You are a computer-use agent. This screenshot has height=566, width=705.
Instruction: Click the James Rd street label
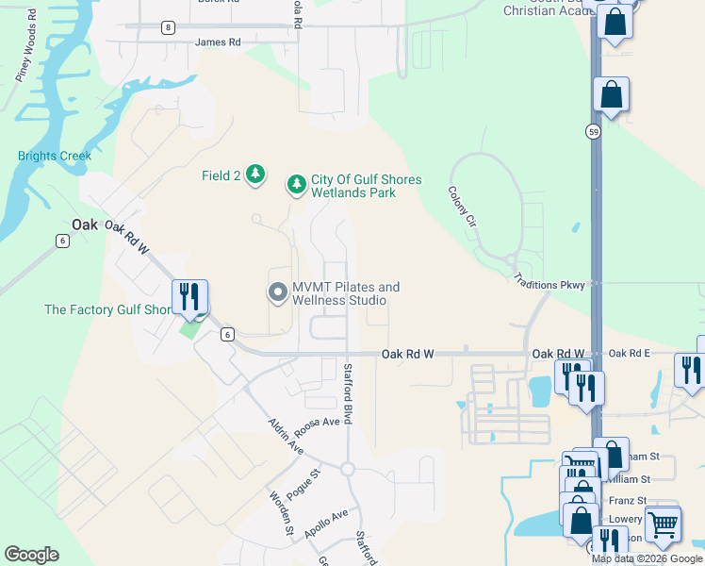[218, 42]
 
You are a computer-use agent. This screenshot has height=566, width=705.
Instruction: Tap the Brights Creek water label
[55, 156]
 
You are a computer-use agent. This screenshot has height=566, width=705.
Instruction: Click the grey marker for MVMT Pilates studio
[277, 293]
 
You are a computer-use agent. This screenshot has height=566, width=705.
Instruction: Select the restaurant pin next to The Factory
[189, 297]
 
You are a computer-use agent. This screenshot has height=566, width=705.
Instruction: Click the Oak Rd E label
[630, 354]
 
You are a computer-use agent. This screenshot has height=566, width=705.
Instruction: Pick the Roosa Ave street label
[318, 422]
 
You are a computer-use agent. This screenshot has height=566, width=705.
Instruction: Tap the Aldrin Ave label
[285, 437]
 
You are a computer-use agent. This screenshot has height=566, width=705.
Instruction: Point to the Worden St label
[280, 514]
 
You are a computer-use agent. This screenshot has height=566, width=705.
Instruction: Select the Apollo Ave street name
[326, 525]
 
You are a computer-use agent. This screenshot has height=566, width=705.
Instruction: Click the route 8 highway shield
[168, 27]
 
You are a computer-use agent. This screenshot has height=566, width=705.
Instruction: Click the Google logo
[31, 555]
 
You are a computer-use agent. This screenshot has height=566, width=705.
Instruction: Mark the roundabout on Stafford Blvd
[347, 469]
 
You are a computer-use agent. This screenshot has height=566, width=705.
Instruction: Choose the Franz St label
[629, 501]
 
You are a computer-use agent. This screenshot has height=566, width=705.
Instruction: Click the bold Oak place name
[85, 225]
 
